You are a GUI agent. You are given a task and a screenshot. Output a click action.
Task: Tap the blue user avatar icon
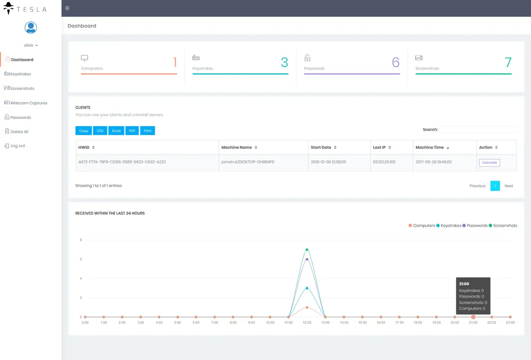point(31,28)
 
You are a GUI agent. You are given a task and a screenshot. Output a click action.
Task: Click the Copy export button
point(84,131)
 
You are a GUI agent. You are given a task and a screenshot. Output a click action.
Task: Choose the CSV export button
point(100,131)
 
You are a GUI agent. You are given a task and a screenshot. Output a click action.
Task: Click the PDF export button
point(132,131)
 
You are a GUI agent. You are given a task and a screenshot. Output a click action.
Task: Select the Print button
point(147,131)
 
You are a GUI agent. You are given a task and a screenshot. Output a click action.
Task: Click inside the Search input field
point(478,130)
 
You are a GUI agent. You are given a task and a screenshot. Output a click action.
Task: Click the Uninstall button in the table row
point(489,162)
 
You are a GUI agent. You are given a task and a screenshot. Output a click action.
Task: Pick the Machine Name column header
point(237,148)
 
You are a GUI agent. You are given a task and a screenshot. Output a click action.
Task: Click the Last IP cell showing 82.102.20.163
point(384,162)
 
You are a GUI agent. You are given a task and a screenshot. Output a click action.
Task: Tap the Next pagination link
point(508,186)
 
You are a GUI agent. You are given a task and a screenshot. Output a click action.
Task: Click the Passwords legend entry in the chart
point(477,225)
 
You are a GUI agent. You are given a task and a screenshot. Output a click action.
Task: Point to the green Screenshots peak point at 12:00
point(307,249)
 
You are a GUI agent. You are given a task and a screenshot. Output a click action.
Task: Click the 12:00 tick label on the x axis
point(307,323)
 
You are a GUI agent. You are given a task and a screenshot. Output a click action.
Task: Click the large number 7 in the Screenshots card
point(508,63)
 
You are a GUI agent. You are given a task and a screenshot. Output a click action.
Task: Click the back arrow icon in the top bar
point(67,8)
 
